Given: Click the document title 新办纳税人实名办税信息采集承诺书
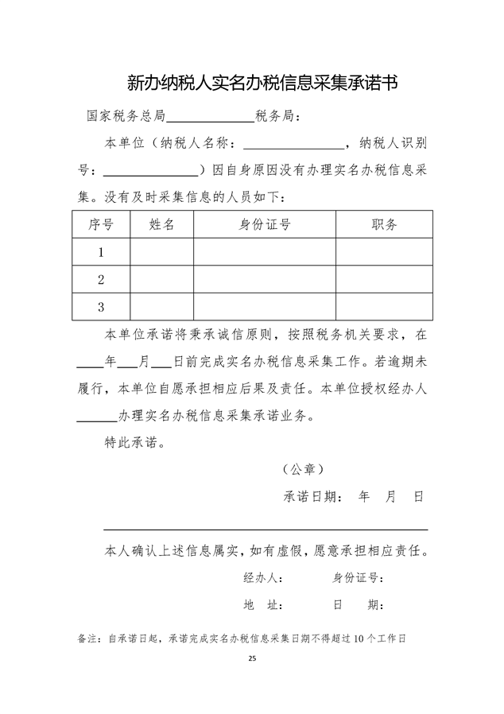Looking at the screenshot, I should pos(262,83).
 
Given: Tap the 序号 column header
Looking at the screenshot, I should pos(101,224).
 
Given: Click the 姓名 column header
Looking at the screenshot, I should pos(161,224).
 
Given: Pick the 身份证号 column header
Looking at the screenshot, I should pos(265,224).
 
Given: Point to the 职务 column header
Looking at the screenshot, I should pos(384,224).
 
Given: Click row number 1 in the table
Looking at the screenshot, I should pos(101,252).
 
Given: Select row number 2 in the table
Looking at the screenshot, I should pos(101,279).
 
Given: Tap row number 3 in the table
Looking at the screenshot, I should pos(101,306).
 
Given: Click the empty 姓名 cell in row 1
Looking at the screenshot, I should pos(161,252).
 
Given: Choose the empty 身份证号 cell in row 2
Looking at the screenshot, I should pos(265,279).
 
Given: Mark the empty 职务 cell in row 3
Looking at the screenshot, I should pos(384,306).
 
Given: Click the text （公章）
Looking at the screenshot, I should pos(303,469).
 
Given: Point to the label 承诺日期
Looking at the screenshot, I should pos(313,497).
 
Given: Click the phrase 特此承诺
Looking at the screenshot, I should pos(135,442).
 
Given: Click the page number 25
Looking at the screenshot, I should pos(252,659).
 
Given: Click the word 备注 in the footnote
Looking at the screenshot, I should pos(88,637).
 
